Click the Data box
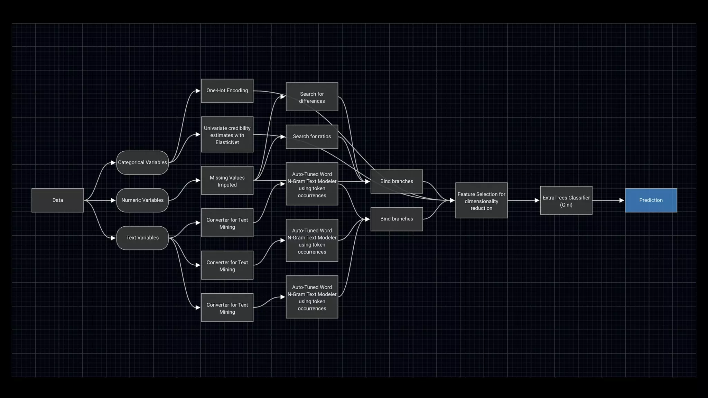[x=57, y=200]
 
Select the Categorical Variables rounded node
[x=142, y=162]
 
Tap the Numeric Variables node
[x=142, y=200]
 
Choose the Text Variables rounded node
[x=142, y=238]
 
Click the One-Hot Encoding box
[x=227, y=91]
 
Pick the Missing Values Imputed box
[x=227, y=181]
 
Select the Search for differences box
[x=312, y=97]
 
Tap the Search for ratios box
[x=312, y=136]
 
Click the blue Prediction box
[x=651, y=200]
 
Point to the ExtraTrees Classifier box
[x=566, y=201]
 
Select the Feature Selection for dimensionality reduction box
[x=481, y=201]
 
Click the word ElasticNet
[x=227, y=142]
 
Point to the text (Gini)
[x=566, y=205]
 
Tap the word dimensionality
[x=481, y=201]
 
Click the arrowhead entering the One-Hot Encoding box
[x=198, y=91]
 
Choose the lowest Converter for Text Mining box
[x=227, y=308]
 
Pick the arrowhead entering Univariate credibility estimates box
[x=198, y=134]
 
